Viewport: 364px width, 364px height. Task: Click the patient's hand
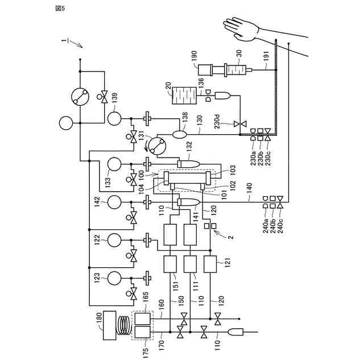(x=241, y=29)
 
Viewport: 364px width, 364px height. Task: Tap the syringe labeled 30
(x=235, y=69)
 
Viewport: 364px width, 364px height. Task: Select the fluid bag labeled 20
(x=184, y=96)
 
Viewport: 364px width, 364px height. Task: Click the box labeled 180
(x=109, y=325)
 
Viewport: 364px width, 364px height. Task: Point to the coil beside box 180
(x=124, y=325)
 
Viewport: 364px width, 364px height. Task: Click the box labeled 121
(x=210, y=264)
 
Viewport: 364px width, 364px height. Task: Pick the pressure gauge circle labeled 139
(x=114, y=119)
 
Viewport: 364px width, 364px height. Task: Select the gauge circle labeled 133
(x=114, y=164)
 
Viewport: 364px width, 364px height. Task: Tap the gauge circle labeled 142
(x=114, y=202)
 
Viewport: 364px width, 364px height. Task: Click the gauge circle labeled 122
(x=114, y=240)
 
